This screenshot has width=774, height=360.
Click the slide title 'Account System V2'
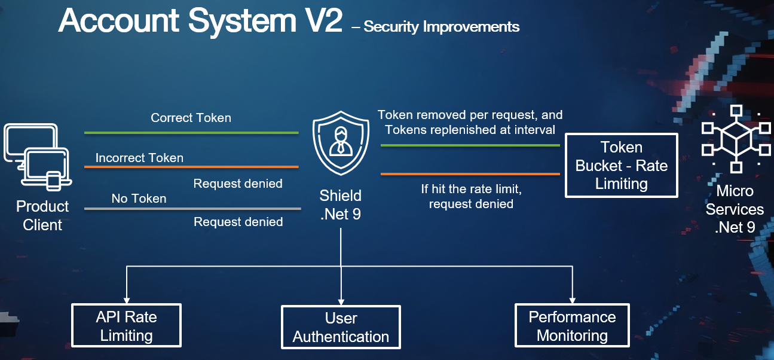click(200, 22)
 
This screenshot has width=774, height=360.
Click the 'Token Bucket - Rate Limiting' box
click(621, 165)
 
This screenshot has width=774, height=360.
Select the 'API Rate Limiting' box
click(126, 325)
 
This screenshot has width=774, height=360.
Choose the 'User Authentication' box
click(341, 327)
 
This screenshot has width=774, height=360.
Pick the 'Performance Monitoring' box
click(572, 326)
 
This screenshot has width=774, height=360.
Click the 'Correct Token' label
click(191, 118)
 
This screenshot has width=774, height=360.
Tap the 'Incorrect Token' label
click(139, 158)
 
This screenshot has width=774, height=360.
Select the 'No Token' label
click(139, 198)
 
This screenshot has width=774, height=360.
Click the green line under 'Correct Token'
click(191, 133)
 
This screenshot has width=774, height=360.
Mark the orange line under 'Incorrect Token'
click(191, 167)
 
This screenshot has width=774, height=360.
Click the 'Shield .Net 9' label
click(340, 205)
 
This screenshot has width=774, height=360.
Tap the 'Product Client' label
click(42, 215)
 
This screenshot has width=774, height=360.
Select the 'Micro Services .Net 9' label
click(734, 209)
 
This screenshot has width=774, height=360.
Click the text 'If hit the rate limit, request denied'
click(471, 196)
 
